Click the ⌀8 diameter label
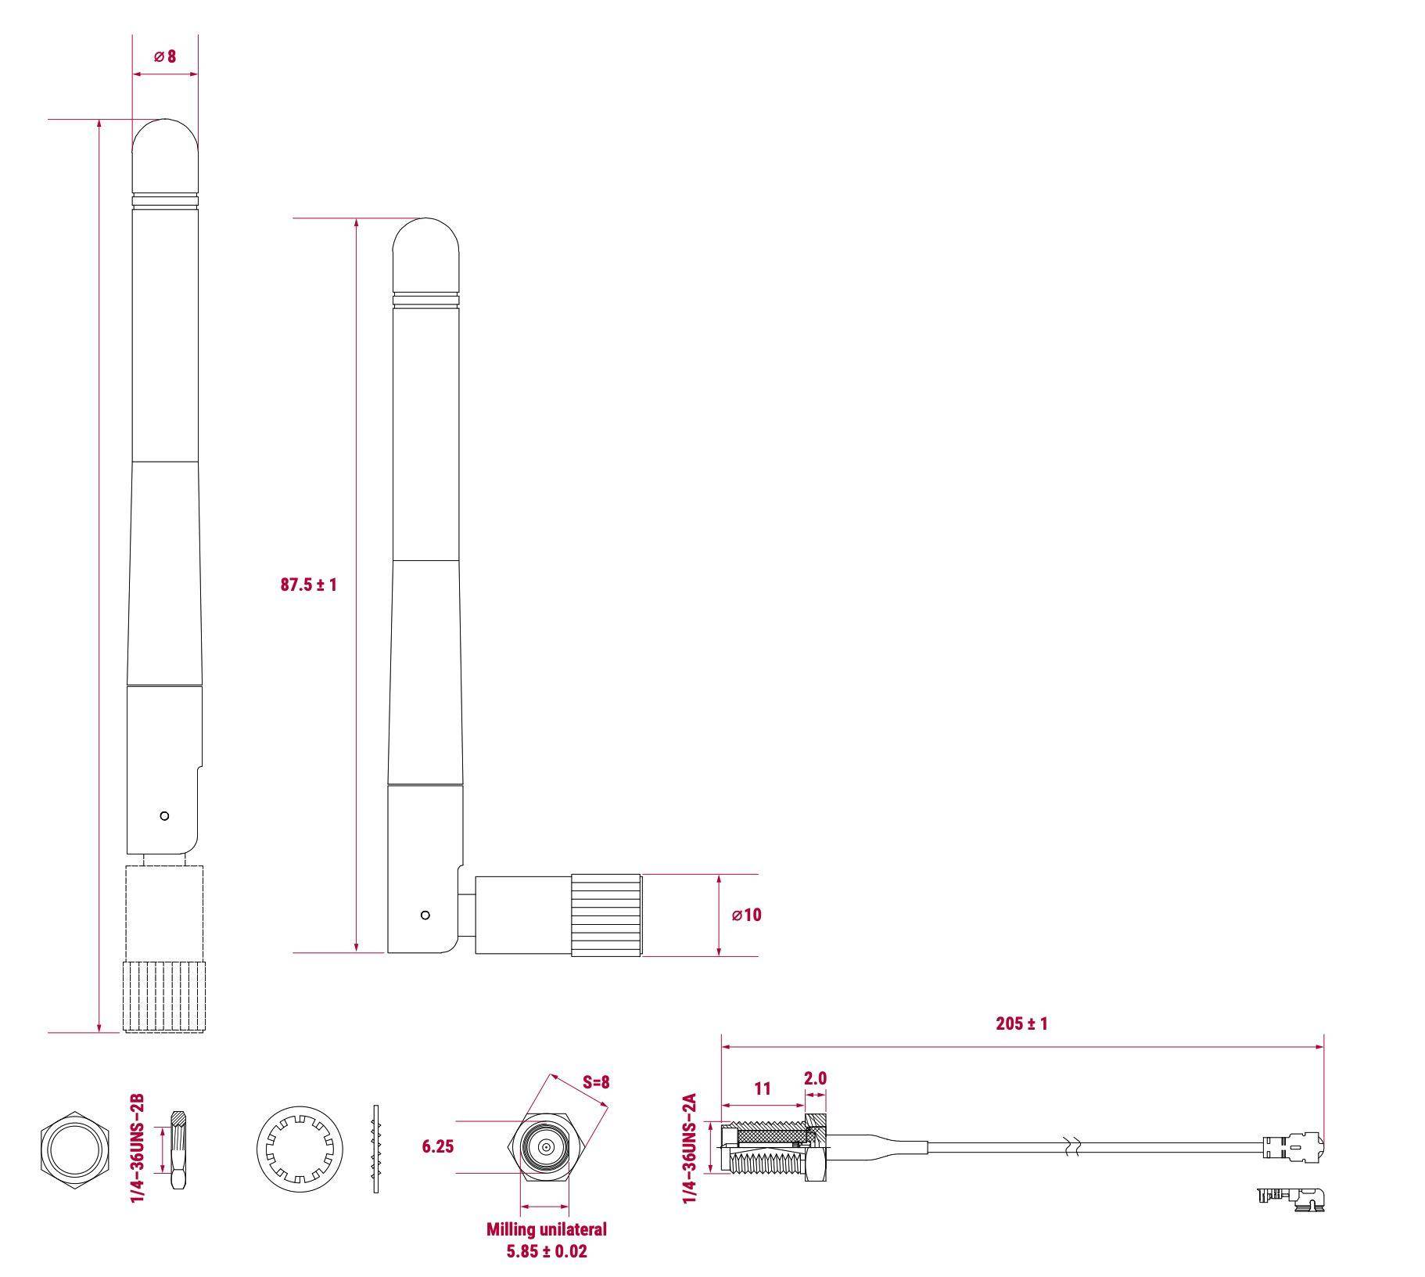pyautogui.click(x=165, y=56)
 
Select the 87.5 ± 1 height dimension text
pyautogui.click(x=308, y=585)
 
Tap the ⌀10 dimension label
pyautogui.click(x=746, y=915)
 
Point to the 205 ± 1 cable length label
pyautogui.click(x=1021, y=1023)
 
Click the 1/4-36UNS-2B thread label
pyautogui.click(x=138, y=1149)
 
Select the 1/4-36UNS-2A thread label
pyautogui.click(x=690, y=1149)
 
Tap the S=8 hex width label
pyautogui.click(x=596, y=1082)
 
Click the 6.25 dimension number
pyautogui.click(x=437, y=1146)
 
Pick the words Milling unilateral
pyautogui.click(x=546, y=1229)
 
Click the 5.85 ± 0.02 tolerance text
pyautogui.click(x=546, y=1251)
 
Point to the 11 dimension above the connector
pyautogui.click(x=763, y=1088)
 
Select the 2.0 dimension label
pyautogui.click(x=815, y=1078)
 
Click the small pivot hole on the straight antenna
pyautogui.click(x=164, y=816)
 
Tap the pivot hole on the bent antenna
pyautogui.click(x=425, y=915)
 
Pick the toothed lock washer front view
pyautogui.click(x=300, y=1149)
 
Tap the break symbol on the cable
pyautogui.click(x=1074, y=1147)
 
